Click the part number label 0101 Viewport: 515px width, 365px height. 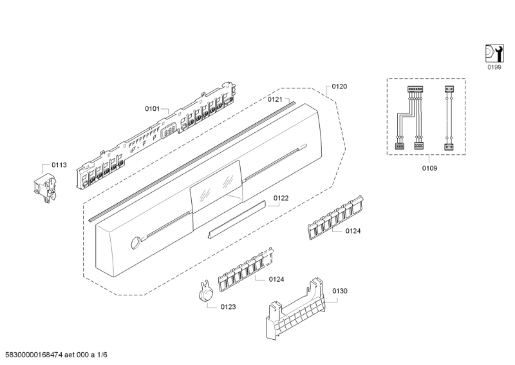(x=152, y=109)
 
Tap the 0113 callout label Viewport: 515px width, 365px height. (x=59, y=165)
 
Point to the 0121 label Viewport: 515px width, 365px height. (x=276, y=99)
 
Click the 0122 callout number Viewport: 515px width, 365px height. (x=281, y=198)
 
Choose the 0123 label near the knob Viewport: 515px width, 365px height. (x=227, y=306)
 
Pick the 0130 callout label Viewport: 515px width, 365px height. (x=339, y=291)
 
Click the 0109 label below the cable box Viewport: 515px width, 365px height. (x=429, y=168)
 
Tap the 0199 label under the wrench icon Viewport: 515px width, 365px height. (x=494, y=66)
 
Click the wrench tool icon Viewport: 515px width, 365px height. (x=493, y=52)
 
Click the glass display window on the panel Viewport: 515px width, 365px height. (x=217, y=187)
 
